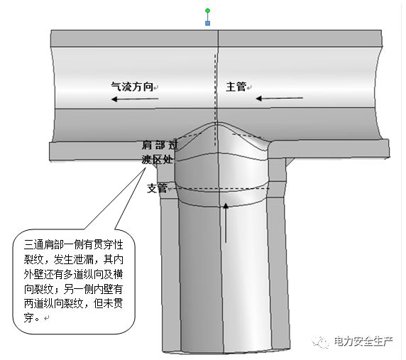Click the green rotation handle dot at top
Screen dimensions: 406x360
(x=208, y=11)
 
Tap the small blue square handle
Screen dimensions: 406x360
(x=208, y=23)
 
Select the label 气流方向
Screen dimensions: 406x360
(x=132, y=87)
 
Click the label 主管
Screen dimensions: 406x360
(x=236, y=87)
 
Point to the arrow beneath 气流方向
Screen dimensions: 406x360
(x=135, y=99)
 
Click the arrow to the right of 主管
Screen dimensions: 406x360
(x=280, y=99)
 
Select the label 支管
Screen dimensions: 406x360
(x=157, y=188)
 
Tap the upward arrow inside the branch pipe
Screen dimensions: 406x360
(x=226, y=223)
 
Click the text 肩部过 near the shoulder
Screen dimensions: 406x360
(x=160, y=145)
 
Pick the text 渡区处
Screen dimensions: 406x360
(x=157, y=160)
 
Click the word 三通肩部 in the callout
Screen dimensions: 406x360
(x=44, y=245)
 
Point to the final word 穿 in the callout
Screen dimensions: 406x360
(x=28, y=318)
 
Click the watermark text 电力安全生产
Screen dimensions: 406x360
(x=363, y=342)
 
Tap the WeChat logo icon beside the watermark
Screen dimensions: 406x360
(x=321, y=342)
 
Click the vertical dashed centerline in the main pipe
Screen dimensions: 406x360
(x=215, y=101)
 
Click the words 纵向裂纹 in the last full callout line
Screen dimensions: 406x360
(x=63, y=303)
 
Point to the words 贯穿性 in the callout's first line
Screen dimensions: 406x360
(x=108, y=245)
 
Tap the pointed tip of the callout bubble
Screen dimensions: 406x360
(x=146, y=168)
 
